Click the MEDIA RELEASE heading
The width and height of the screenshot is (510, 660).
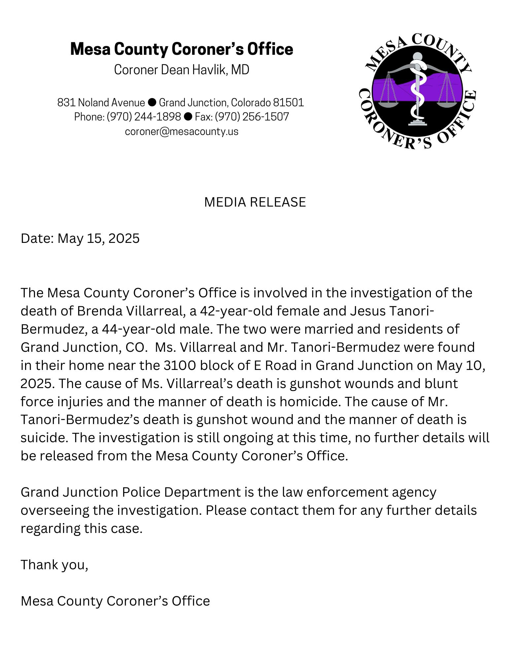point(255,202)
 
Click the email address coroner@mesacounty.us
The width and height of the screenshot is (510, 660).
point(182,131)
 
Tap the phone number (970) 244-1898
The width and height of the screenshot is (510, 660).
point(144,117)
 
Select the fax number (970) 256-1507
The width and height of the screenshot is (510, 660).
point(252,117)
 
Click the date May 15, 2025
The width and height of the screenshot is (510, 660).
point(98,238)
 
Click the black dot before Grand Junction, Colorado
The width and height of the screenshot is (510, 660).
point(152,103)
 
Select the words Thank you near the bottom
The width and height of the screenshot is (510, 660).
point(54,565)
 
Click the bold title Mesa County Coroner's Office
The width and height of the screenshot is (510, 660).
point(182,49)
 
